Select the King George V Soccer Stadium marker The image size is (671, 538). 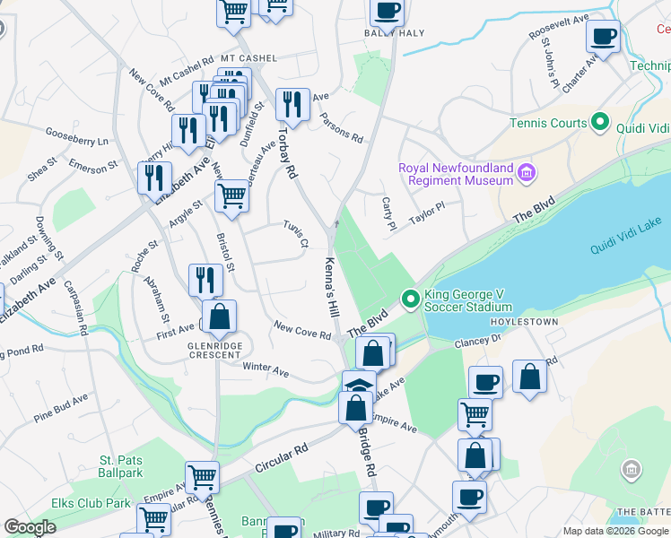pyautogui.click(x=411, y=298)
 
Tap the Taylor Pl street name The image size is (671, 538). pyautogui.click(x=427, y=213)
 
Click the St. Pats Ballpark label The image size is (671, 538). pyautogui.click(x=121, y=466)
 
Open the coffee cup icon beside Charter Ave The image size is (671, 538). pyautogui.click(x=603, y=37)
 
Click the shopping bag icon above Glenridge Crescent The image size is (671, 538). pyautogui.click(x=219, y=317)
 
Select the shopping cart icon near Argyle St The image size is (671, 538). pyautogui.click(x=232, y=195)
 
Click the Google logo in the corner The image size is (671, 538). pyautogui.click(x=30, y=527)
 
